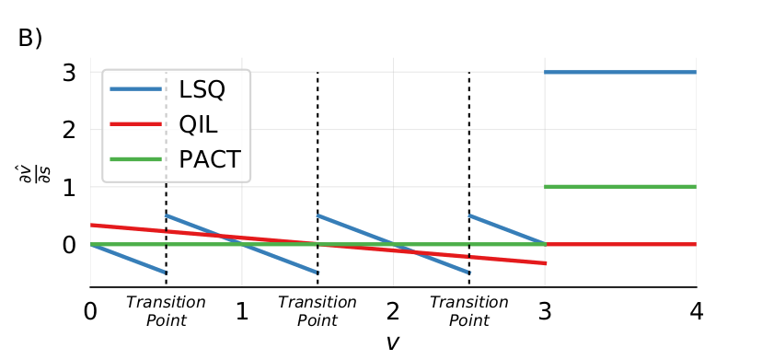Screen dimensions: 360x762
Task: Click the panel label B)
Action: [x=29, y=39]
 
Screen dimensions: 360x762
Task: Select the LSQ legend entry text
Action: [x=202, y=90]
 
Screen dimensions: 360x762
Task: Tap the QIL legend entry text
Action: [x=199, y=124]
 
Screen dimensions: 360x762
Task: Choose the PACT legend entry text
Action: [x=210, y=159]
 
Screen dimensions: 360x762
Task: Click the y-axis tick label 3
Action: [x=68, y=72]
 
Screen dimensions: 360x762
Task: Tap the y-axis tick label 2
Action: [x=68, y=130]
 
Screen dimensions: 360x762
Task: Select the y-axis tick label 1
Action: [x=68, y=187]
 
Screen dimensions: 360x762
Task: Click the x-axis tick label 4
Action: [x=696, y=311]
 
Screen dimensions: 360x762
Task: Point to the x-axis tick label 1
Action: [x=242, y=311]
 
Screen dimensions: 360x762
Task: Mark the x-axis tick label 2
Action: [x=393, y=311]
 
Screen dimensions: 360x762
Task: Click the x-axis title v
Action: [x=393, y=343]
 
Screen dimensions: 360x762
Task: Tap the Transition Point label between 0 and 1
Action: [x=166, y=311]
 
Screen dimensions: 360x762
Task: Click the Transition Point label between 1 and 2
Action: [x=317, y=311]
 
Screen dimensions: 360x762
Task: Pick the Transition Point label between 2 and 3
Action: [x=468, y=311]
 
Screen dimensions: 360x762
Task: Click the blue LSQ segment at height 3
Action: [x=620, y=72]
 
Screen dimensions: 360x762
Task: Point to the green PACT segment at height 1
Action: [x=620, y=187]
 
